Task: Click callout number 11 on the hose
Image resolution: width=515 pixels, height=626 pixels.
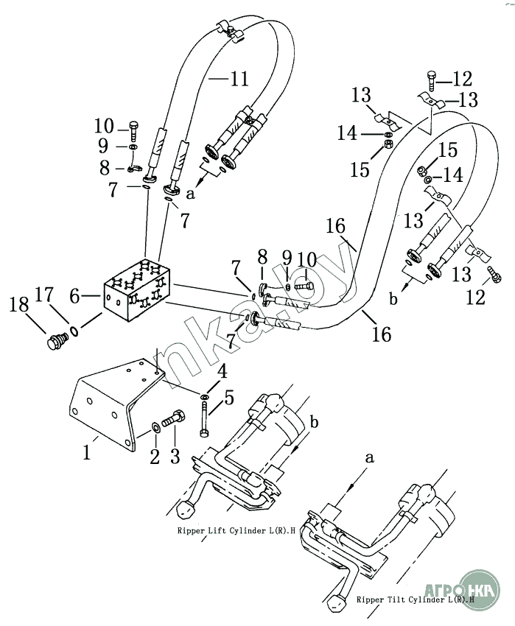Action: [x=239, y=80]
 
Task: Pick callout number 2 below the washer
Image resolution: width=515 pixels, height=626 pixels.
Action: [x=155, y=456]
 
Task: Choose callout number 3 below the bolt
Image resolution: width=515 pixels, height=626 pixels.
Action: [x=175, y=456]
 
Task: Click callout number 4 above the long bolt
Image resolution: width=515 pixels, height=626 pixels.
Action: [x=222, y=371]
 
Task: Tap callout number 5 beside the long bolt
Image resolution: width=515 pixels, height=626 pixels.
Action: [x=229, y=398]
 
